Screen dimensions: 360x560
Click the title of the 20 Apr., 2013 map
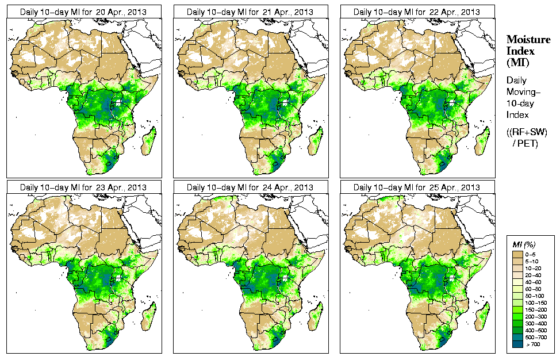[x=83, y=12]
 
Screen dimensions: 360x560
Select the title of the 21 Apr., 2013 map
[x=250, y=12]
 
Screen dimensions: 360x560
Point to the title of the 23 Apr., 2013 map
[x=83, y=187]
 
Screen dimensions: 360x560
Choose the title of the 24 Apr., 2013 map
[x=250, y=187]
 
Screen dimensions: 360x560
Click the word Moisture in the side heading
[x=528, y=39]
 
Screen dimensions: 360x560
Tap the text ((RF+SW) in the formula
[x=528, y=133]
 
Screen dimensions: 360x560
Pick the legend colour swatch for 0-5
[x=517, y=254]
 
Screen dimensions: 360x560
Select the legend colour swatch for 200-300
[x=517, y=316]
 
